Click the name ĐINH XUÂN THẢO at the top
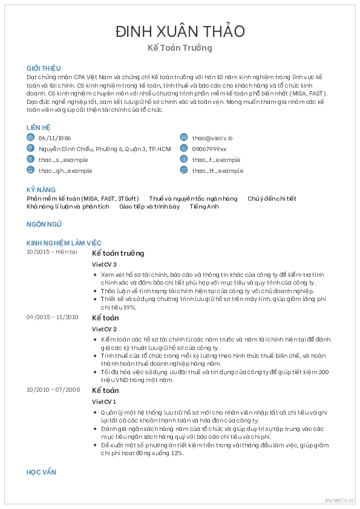click(x=180, y=31)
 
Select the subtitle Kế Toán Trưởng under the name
click(x=180, y=48)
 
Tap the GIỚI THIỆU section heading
click(x=44, y=69)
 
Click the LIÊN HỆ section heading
click(x=38, y=128)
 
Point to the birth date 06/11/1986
click(x=54, y=138)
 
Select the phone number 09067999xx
click(x=209, y=149)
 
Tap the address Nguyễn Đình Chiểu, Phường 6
click(x=104, y=149)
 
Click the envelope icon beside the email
click(x=184, y=138)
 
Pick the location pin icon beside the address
click(x=30, y=149)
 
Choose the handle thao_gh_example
click(x=65, y=171)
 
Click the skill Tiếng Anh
click(x=204, y=207)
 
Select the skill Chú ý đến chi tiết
click(x=272, y=199)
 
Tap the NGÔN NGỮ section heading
click(x=45, y=224)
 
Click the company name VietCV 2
click(x=104, y=329)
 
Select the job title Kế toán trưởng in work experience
click(x=118, y=253)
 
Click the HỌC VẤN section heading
click(x=42, y=472)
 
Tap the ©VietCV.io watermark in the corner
click(x=339, y=500)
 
